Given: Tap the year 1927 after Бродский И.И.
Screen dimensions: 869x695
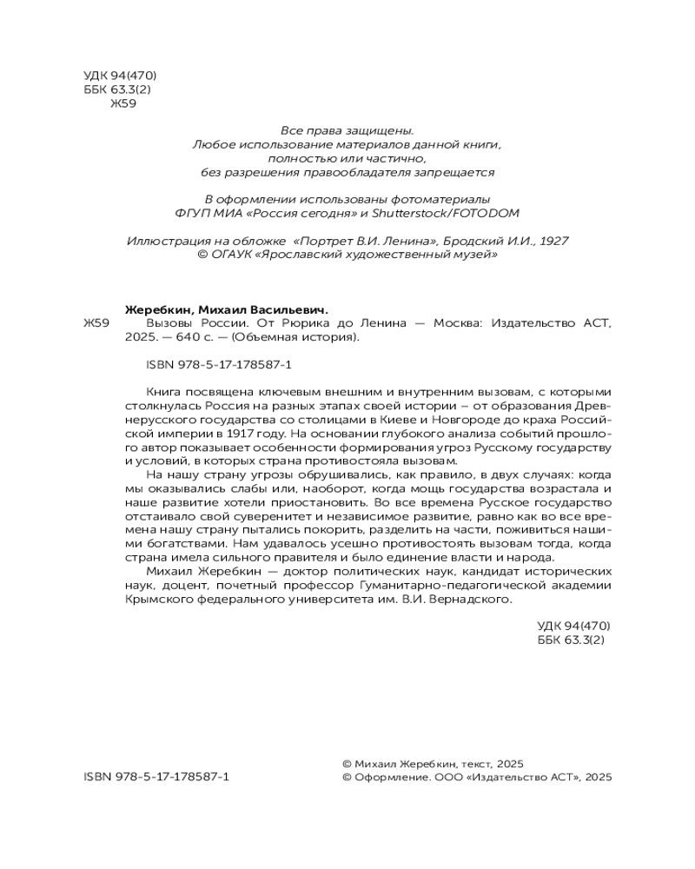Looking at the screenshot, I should tap(553, 242).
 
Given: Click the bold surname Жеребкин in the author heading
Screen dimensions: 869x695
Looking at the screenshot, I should tap(161, 309).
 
